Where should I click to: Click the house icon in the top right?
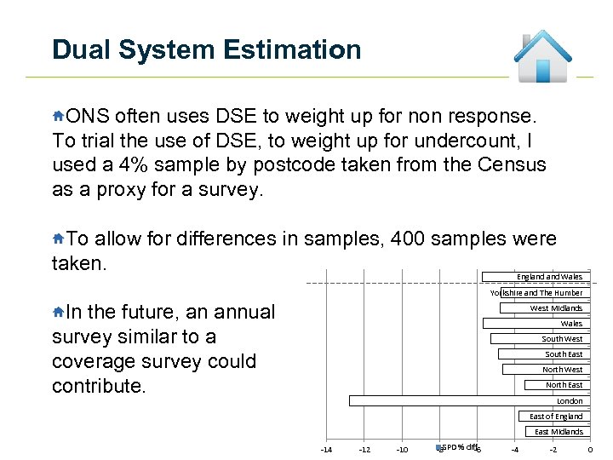(x=542, y=57)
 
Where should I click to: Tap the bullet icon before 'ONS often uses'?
(x=58, y=115)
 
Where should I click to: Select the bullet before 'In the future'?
(x=58, y=312)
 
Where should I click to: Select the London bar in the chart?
(x=467, y=400)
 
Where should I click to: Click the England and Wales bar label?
(x=549, y=277)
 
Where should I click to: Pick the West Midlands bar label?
(x=556, y=308)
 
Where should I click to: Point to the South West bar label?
(x=562, y=339)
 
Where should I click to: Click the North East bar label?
(x=564, y=385)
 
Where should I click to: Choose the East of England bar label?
(x=556, y=417)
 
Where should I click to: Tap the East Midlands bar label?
(x=559, y=432)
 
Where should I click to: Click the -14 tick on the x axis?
(x=325, y=450)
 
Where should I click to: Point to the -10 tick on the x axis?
(x=402, y=450)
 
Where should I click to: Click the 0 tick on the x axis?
(x=590, y=450)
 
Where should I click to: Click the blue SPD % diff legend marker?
(x=438, y=447)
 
